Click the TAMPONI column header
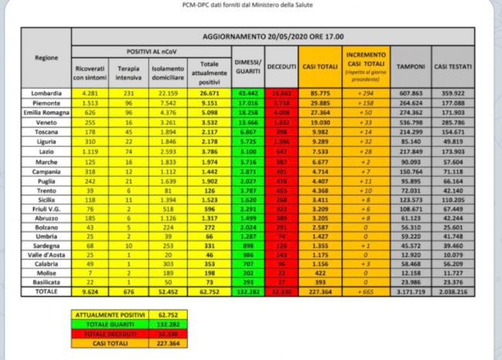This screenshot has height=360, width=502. tap(410, 67)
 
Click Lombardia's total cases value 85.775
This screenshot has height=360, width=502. tap(319, 93)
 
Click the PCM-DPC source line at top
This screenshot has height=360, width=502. tap(252, 5)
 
